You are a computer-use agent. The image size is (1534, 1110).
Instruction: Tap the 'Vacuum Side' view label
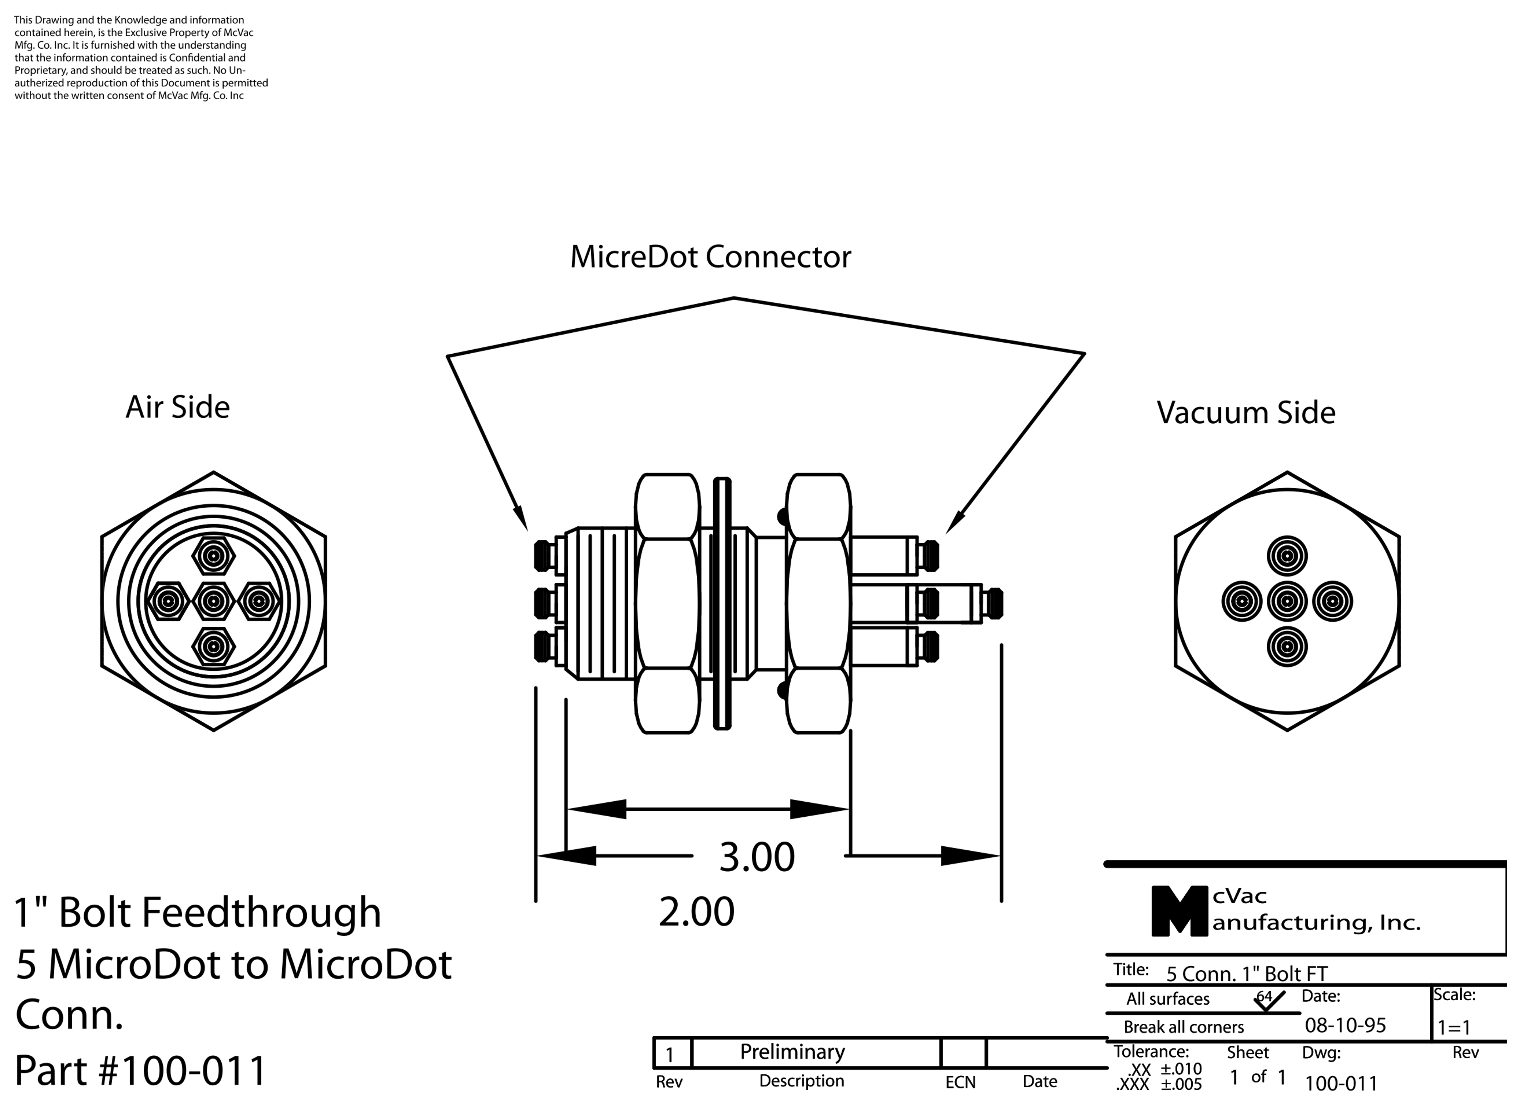[1246, 413]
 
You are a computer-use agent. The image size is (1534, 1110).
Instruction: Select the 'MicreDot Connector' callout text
[710, 257]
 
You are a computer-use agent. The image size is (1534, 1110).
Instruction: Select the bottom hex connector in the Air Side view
[214, 646]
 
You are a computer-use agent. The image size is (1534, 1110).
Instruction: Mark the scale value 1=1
[1454, 1028]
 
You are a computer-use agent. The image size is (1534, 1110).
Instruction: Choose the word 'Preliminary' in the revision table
[792, 1052]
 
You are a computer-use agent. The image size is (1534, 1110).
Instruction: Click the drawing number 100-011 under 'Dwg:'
[1341, 1084]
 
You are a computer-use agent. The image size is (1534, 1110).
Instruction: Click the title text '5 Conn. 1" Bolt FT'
[1247, 974]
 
